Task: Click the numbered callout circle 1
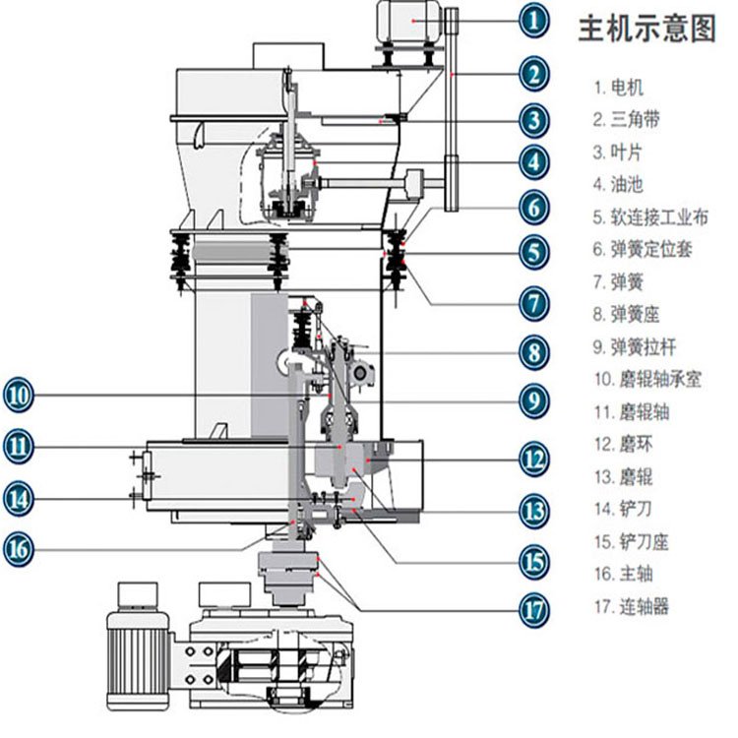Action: tap(532, 19)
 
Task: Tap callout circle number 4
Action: tap(532, 161)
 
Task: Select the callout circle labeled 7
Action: tap(532, 301)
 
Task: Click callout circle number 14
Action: tap(19, 498)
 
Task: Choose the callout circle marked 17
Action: tap(532, 609)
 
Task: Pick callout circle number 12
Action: tap(532, 458)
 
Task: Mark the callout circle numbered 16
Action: tap(19, 548)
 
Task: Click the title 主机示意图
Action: tap(646, 31)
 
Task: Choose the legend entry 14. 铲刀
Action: tap(622, 509)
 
